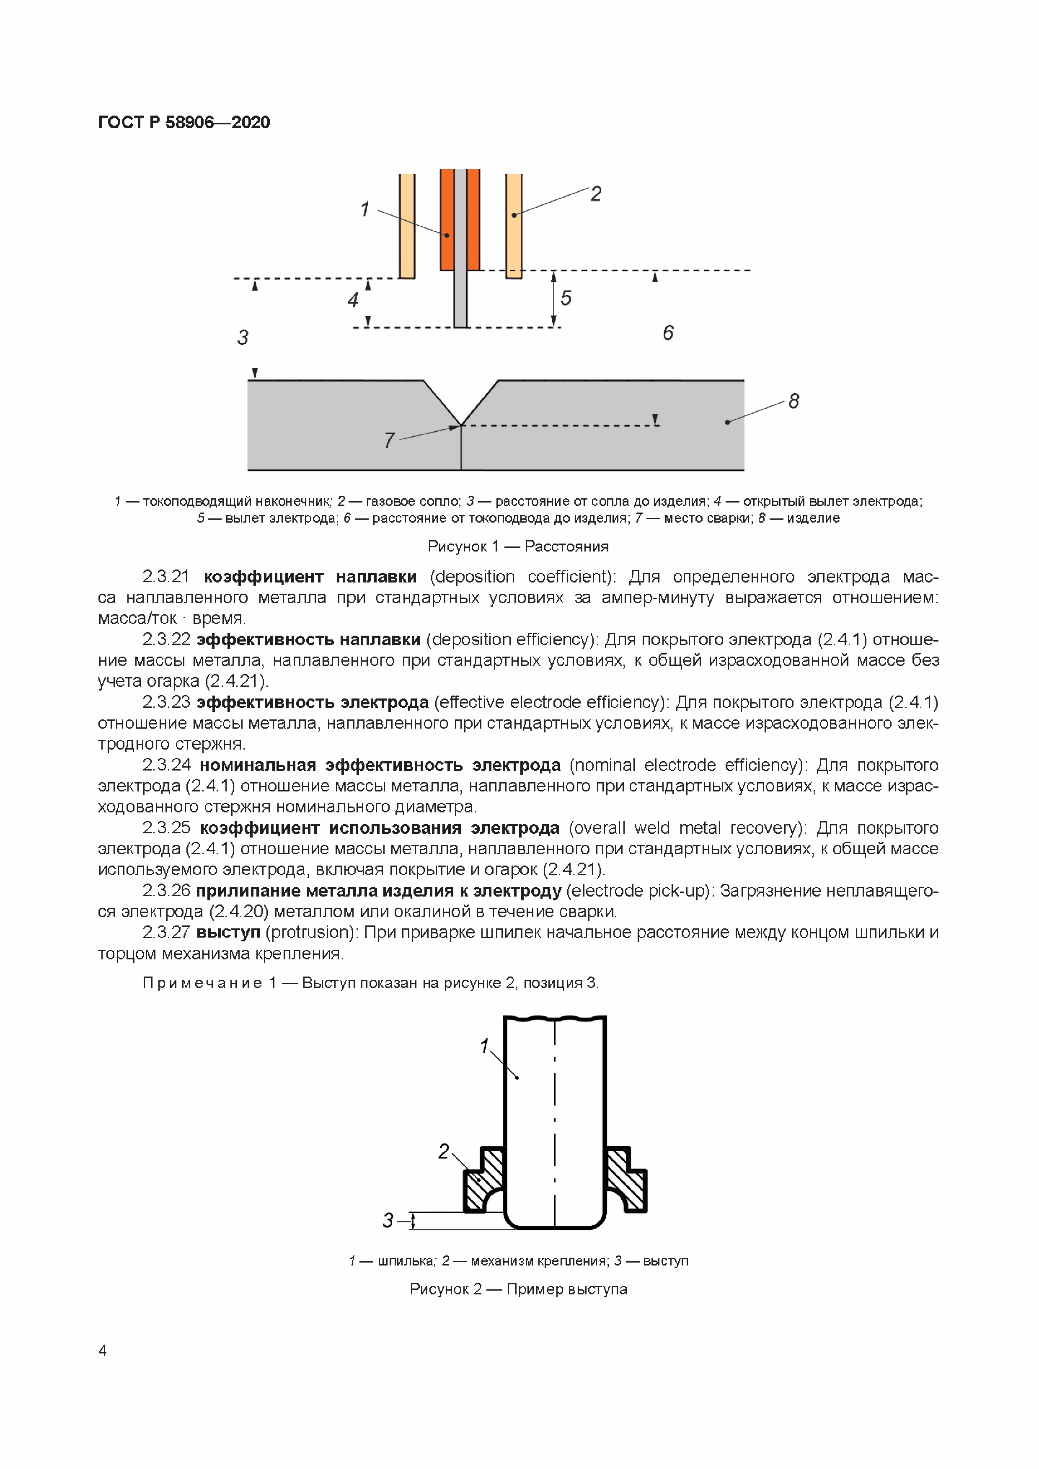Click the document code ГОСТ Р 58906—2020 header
184,122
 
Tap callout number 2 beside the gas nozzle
595,194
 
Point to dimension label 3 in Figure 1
243,337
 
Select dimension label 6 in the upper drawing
668,332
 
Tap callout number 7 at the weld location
389,440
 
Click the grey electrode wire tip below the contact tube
460,301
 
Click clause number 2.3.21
166,577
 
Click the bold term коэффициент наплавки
310,577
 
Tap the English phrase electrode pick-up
640,891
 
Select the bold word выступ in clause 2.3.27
228,932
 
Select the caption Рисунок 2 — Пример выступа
518,1289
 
